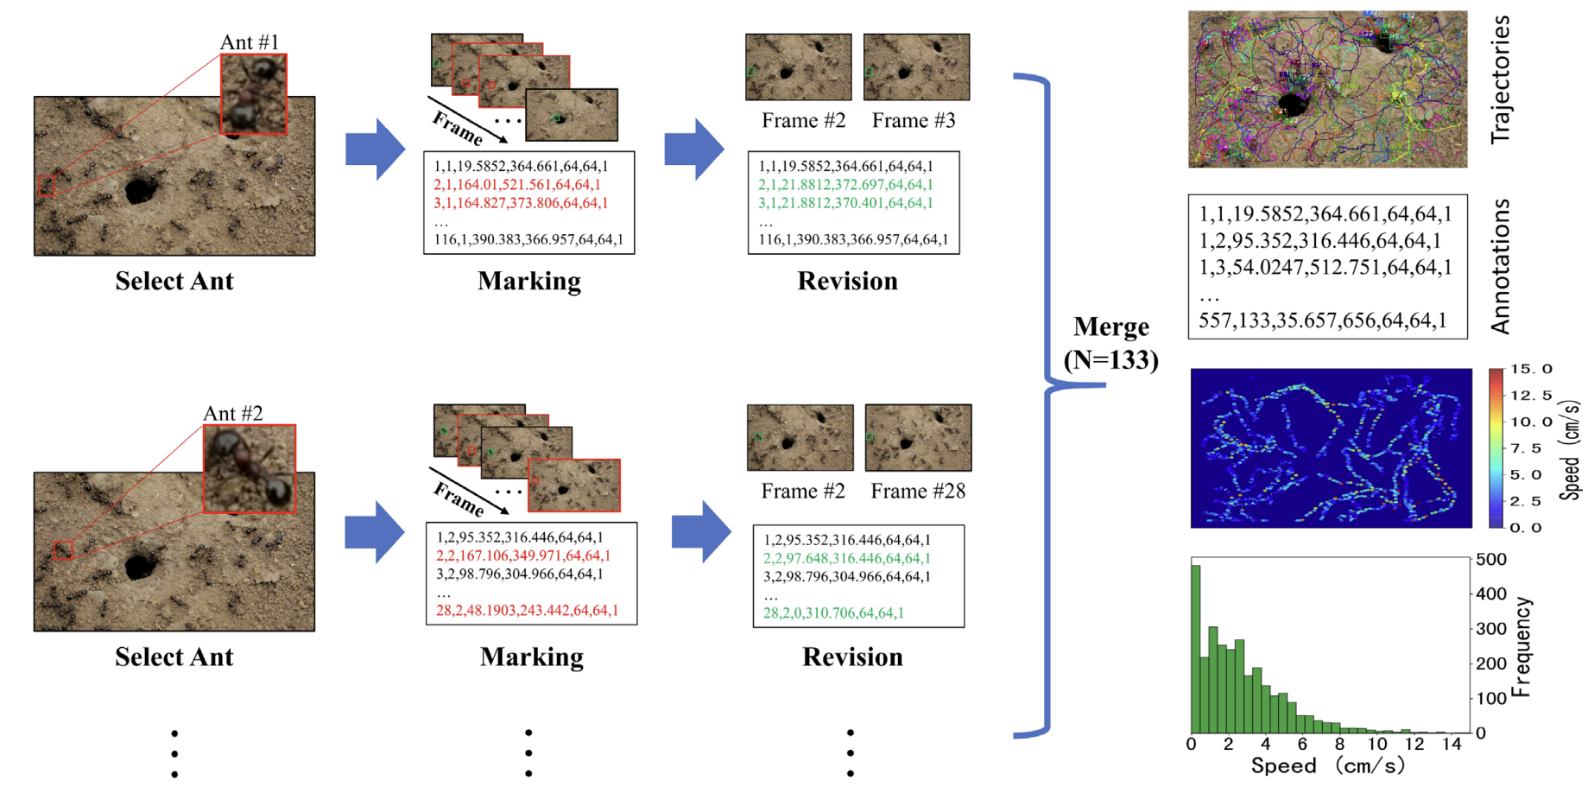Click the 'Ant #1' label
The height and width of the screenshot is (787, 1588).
(x=250, y=42)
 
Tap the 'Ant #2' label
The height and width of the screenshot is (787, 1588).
(x=232, y=414)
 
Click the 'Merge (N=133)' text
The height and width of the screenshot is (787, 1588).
(x=1110, y=343)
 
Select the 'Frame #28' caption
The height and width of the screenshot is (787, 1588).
(x=917, y=492)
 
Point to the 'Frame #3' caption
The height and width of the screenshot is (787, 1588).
(x=913, y=121)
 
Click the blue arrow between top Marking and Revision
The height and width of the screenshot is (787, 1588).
(x=693, y=149)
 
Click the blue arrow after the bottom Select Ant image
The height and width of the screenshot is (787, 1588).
(x=374, y=531)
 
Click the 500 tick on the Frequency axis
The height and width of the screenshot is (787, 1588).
(x=1491, y=560)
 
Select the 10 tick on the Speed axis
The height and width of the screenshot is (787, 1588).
(x=1376, y=744)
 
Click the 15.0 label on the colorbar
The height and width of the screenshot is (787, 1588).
(x=1531, y=369)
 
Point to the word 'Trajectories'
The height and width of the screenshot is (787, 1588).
(x=1501, y=79)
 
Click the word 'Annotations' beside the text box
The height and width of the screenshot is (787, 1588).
(x=1501, y=266)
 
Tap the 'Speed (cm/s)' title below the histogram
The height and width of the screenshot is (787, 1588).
(x=1327, y=766)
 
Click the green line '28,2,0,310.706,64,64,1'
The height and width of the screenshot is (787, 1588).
(x=833, y=613)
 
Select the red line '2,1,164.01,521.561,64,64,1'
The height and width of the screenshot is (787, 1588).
(x=516, y=185)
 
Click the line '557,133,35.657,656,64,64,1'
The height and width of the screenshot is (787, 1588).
(x=1322, y=321)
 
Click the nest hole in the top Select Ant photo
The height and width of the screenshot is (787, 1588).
(x=140, y=189)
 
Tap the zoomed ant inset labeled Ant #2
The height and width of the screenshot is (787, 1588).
(x=250, y=469)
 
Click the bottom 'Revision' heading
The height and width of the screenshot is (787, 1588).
(x=852, y=657)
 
